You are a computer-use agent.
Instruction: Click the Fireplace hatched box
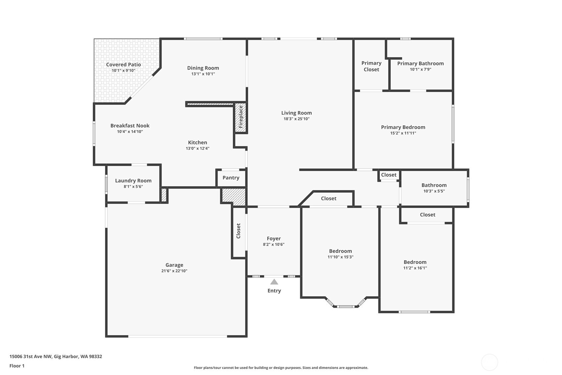pyautogui.click(x=241, y=117)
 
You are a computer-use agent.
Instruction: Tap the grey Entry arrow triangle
pyautogui.click(x=274, y=282)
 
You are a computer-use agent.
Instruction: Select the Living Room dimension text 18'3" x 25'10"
pyautogui.click(x=296, y=119)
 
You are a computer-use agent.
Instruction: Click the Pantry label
pyautogui.click(x=231, y=178)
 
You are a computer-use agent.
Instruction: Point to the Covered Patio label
pyautogui.click(x=123, y=65)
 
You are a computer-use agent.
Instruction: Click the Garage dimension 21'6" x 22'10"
pyautogui.click(x=174, y=271)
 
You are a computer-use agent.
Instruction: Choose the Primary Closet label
pyautogui.click(x=371, y=66)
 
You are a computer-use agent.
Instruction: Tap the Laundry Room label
pyautogui.click(x=133, y=181)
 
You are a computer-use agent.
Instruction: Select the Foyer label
pyautogui.click(x=274, y=238)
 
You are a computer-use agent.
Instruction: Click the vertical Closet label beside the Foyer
pyautogui.click(x=238, y=231)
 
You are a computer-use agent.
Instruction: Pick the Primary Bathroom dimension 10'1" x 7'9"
pyautogui.click(x=420, y=69)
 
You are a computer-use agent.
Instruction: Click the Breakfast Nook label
pyautogui.click(x=130, y=126)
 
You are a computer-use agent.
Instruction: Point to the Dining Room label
pyautogui.click(x=203, y=68)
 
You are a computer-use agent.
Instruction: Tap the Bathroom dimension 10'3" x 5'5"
pyautogui.click(x=434, y=191)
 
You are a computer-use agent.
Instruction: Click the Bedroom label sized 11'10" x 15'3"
pyautogui.click(x=340, y=251)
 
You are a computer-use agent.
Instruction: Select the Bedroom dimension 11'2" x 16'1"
pyautogui.click(x=415, y=268)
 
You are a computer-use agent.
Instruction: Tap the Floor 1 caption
pyautogui.click(x=17, y=366)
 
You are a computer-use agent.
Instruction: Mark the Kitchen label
pyautogui.click(x=197, y=143)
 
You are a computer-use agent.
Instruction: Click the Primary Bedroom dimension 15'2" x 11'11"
pyautogui.click(x=403, y=133)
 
